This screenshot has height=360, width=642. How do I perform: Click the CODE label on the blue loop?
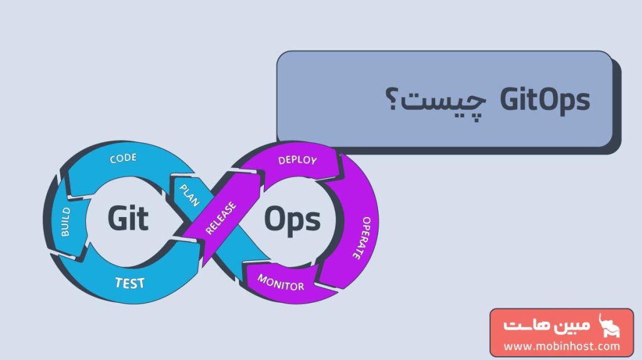(x=123, y=159)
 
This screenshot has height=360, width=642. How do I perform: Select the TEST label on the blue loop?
(x=130, y=283)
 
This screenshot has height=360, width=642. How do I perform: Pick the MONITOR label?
(x=281, y=282)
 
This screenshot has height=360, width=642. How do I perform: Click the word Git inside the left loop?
(x=127, y=218)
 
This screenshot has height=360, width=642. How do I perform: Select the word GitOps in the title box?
(x=545, y=100)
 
